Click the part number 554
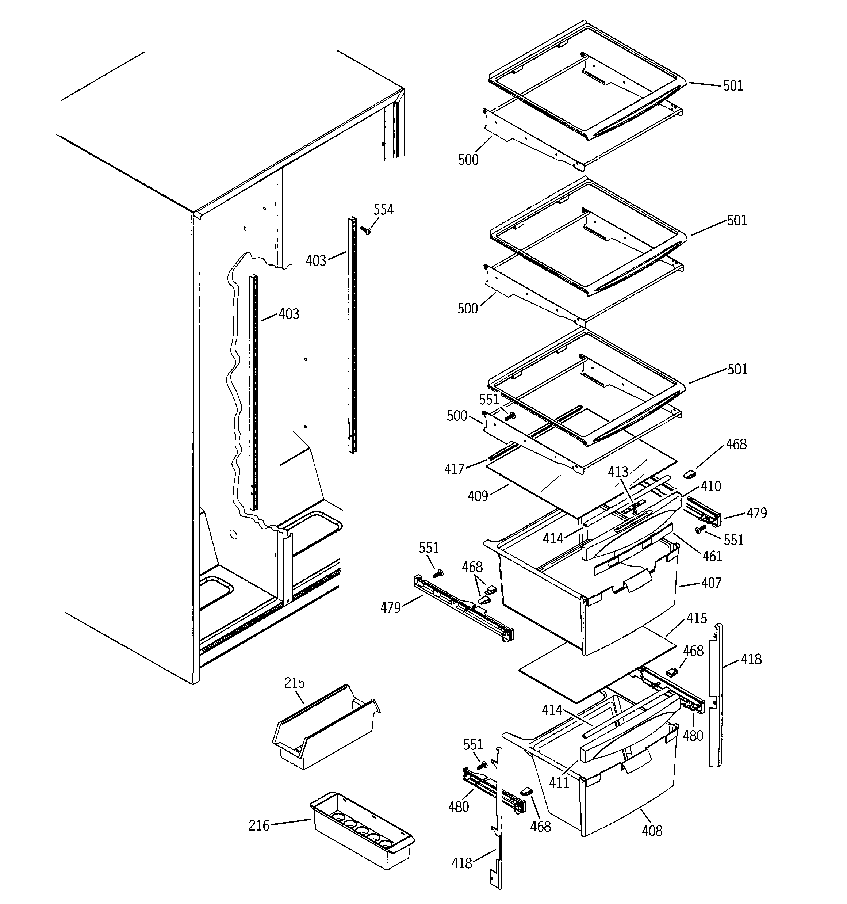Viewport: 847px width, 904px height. [x=383, y=210]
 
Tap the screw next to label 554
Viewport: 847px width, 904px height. [x=365, y=230]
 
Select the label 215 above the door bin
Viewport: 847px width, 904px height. [x=294, y=683]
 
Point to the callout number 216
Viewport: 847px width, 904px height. [x=259, y=825]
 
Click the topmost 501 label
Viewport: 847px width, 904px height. [x=732, y=86]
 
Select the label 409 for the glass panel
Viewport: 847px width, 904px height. [x=478, y=496]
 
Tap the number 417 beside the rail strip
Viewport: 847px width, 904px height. [x=454, y=469]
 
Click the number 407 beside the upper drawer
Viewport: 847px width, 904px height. [x=711, y=583]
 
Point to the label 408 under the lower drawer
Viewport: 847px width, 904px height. [x=652, y=831]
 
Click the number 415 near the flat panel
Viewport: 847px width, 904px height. [x=697, y=618]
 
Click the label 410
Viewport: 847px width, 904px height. [x=710, y=486]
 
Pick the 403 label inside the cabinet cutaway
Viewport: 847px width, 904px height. [x=289, y=314]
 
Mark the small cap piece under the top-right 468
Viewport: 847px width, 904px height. [x=690, y=474]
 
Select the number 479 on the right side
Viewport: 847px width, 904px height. [x=756, y=513]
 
